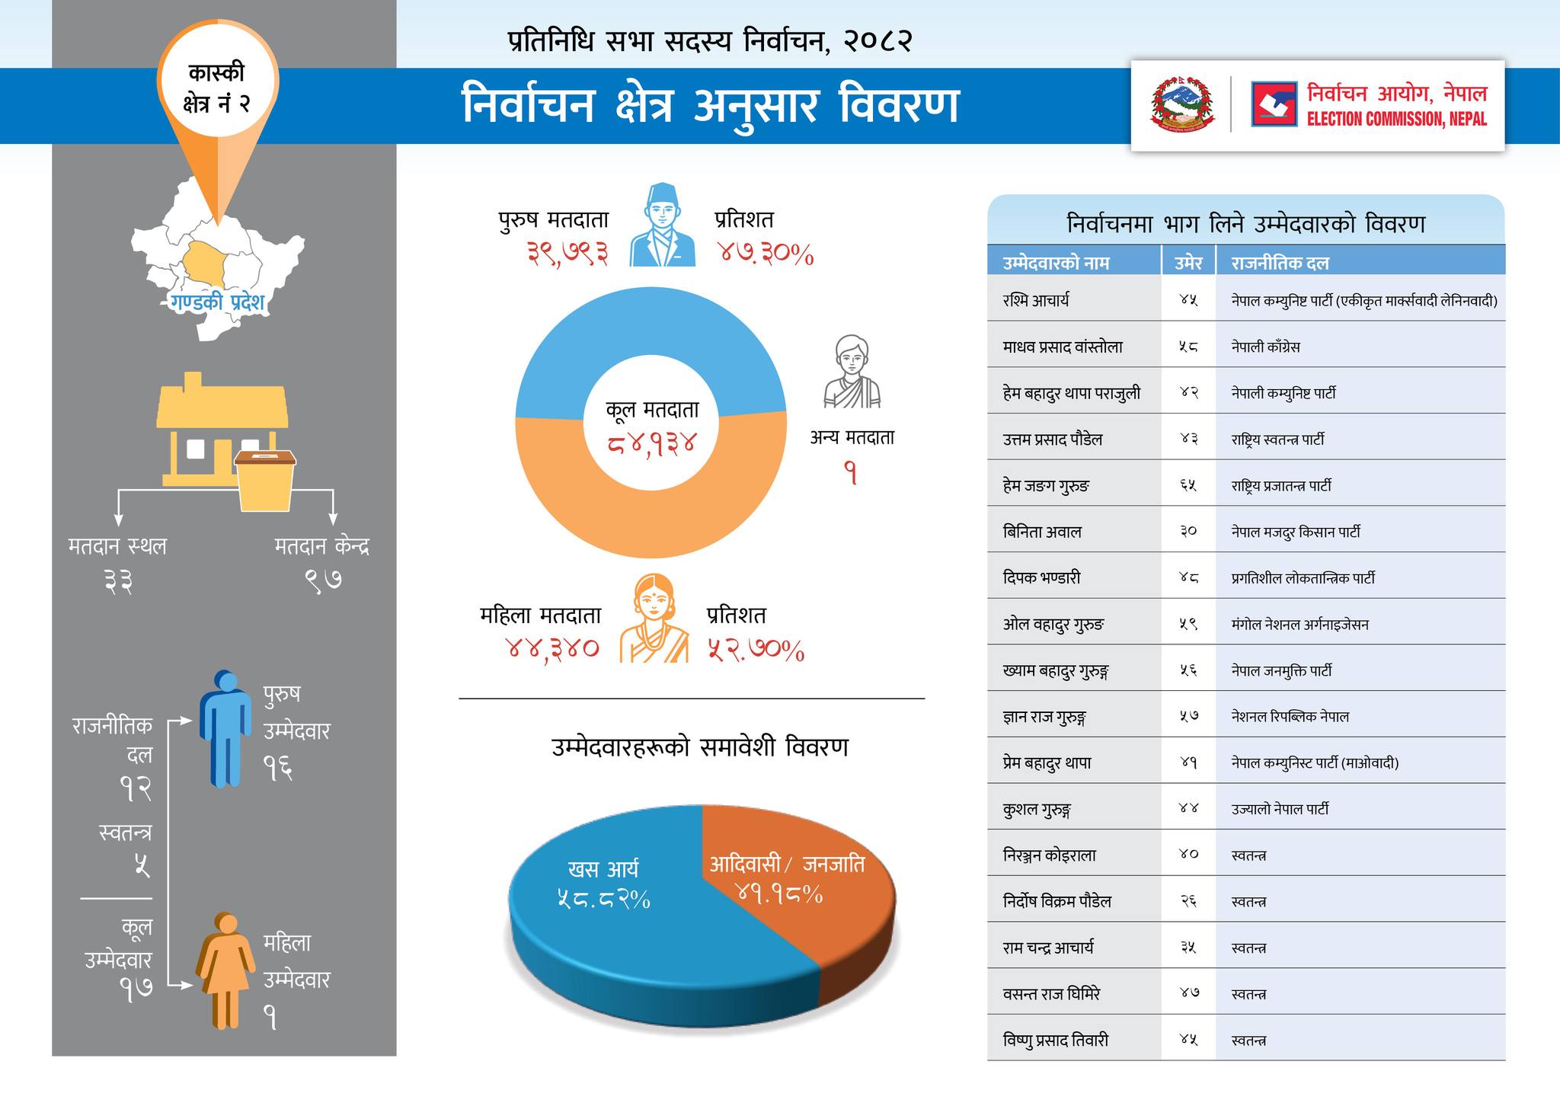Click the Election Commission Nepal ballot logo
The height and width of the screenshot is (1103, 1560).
1274,104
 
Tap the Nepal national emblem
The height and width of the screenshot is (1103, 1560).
1183,104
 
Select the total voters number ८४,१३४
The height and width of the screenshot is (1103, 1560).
652,443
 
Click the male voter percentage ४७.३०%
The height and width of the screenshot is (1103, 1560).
766,254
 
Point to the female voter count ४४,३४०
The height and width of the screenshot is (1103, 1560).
552,648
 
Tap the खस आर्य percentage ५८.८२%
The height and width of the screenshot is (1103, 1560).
603,900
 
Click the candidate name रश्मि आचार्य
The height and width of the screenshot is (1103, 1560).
1036,300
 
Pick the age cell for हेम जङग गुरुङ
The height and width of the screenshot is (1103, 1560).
1188,485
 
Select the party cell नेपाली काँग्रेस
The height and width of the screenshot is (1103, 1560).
1265,347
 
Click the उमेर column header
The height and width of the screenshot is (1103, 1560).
1188,263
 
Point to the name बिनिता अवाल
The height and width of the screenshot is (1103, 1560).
1042,532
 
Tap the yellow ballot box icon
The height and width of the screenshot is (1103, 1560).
265,480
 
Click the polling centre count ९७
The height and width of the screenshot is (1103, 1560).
323,580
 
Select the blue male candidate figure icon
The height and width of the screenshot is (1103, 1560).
225,727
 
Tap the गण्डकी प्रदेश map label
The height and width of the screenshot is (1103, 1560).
217,302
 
